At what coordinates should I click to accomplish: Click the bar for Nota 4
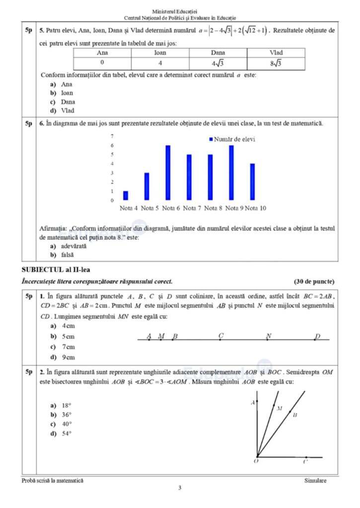pyautogui.click(x=126, y=195)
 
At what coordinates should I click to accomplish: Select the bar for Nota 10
pyautogui.click(x=252, y=182)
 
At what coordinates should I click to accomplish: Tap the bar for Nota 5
pyautogui.click(x=146, y=187)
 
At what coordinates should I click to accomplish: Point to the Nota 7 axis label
pyautogui.click(x=192, y=208)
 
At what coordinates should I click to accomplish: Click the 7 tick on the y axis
pyautogui.click(x=112, y=136)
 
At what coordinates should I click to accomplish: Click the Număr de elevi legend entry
pyautogui.click(x=231, y=139)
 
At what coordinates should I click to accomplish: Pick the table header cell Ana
pyautogui.click(x=102, y=52)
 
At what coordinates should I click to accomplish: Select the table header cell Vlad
pyautogui.click(x=276, y=52)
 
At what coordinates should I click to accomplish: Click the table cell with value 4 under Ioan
pyautogui.click(x=160, y=63)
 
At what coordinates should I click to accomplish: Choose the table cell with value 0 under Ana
pyautogui.click(x=102, y=63)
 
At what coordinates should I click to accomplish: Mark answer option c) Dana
pyautogui.click(x=64, y=102)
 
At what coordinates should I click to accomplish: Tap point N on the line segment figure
pyautogui.click(x=268, y=340)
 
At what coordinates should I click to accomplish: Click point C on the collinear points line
pyautogui.click(x=220, y=340)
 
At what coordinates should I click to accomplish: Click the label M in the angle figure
pyautogui.click(x=280, y=409)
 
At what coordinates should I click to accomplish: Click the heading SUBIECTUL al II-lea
pyautogui.click(x=51, y=269)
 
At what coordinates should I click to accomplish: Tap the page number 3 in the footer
pyautogui.click(x=180, y=487)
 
